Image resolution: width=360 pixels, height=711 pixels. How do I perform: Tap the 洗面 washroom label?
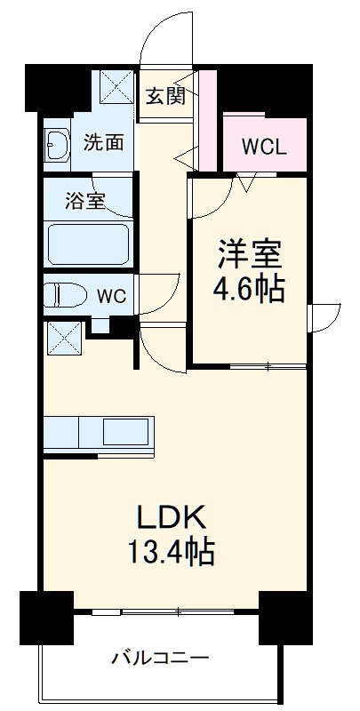click(103, 142)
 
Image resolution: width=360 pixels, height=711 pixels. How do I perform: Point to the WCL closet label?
click(262, 147)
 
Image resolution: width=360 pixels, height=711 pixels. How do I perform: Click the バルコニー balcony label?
click(160, 659)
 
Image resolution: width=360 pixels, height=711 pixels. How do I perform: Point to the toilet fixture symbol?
click(65, 294)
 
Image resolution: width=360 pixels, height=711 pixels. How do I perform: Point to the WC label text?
click(112, 295)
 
